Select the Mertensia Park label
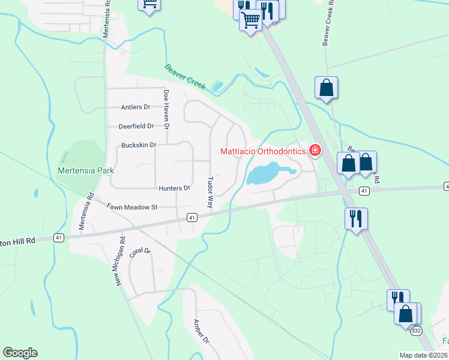pos(86,170)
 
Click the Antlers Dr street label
pos(135,107)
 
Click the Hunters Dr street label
pos(174,188)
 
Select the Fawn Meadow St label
pos(131,207)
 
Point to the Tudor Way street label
pos(210,192)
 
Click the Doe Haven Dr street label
pos(166,109)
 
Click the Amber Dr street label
pos(200,331)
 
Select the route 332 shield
pos(416,331)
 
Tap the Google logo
pos(20,353)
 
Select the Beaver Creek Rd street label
pos(327,27)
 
